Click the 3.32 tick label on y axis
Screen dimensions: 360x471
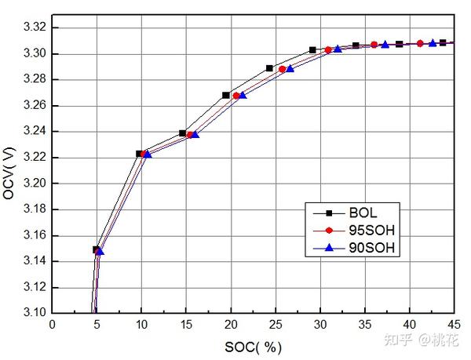[34, 28]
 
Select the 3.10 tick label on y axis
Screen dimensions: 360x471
[34, 312]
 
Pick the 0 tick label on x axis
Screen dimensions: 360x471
[52, 323]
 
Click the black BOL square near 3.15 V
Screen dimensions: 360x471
[97, 250]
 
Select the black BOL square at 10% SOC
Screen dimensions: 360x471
[140, 154]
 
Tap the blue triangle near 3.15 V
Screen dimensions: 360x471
[100, 251]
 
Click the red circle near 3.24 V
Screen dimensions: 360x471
[190, 135]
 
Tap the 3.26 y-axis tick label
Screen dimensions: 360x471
[34, 106]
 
